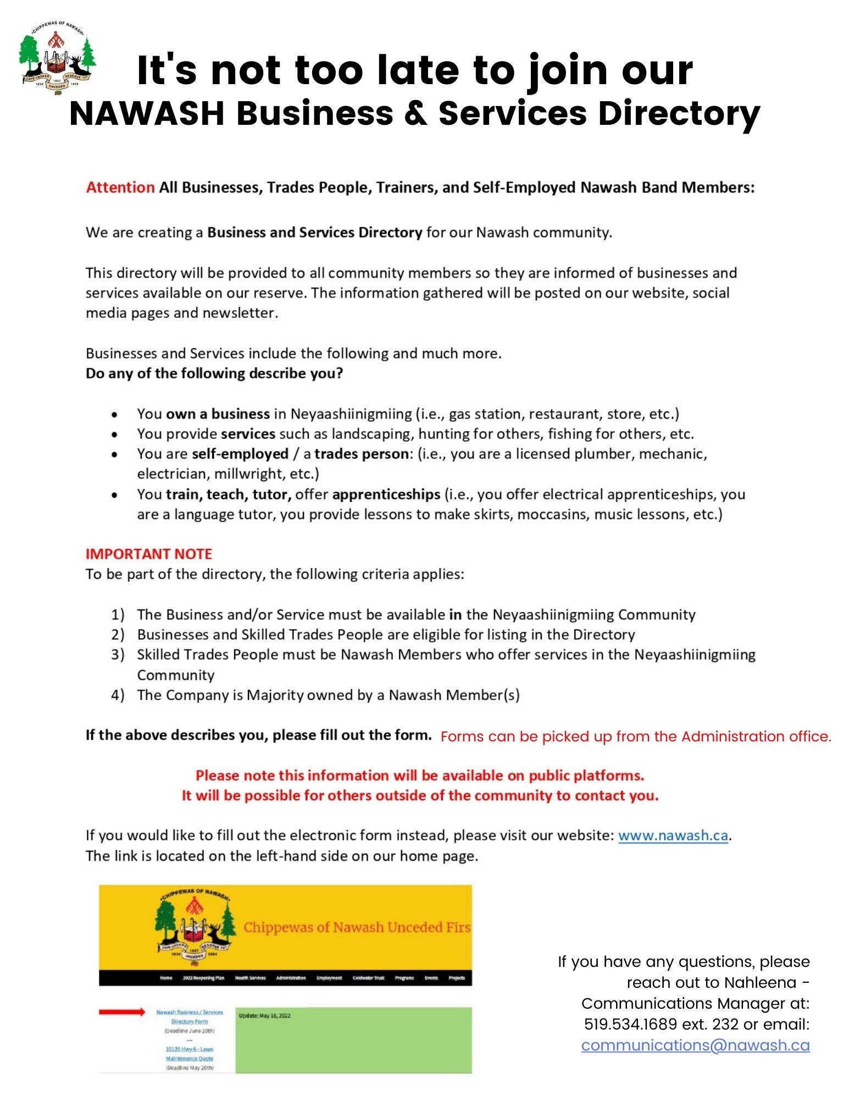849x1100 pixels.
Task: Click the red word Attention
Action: pyautogui.click(x=120, y=188)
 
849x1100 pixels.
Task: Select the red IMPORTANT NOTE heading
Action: pyautogui.click(x=149, y=554)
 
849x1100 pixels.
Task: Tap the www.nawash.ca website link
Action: pyautogui.click(x=673, y=835)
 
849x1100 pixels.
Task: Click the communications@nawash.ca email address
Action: pyautogui.click(x=695, y=1045)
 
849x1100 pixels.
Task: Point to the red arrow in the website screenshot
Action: pyautogui.click(x=122, y=1012)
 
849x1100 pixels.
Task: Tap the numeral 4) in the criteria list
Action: pyautogui.click(x=118, y=695)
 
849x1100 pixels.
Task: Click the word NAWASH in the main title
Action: pyautogui.click(x=147, y=114)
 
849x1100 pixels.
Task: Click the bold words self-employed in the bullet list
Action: pyautogui.click(x=240, y=454)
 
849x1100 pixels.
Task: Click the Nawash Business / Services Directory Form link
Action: pyautogui.click(x=190, y=1016)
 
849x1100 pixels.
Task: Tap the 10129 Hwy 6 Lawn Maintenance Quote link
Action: pyautogui.click(x=190, y=1053)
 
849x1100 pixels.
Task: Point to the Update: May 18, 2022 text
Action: pyautogui.click(x=265, y=1015)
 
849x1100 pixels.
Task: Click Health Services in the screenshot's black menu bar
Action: pyautogui.click(x=250, y=978)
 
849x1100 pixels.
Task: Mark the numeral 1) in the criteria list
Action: pyautogui.click(x=118, y=614)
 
